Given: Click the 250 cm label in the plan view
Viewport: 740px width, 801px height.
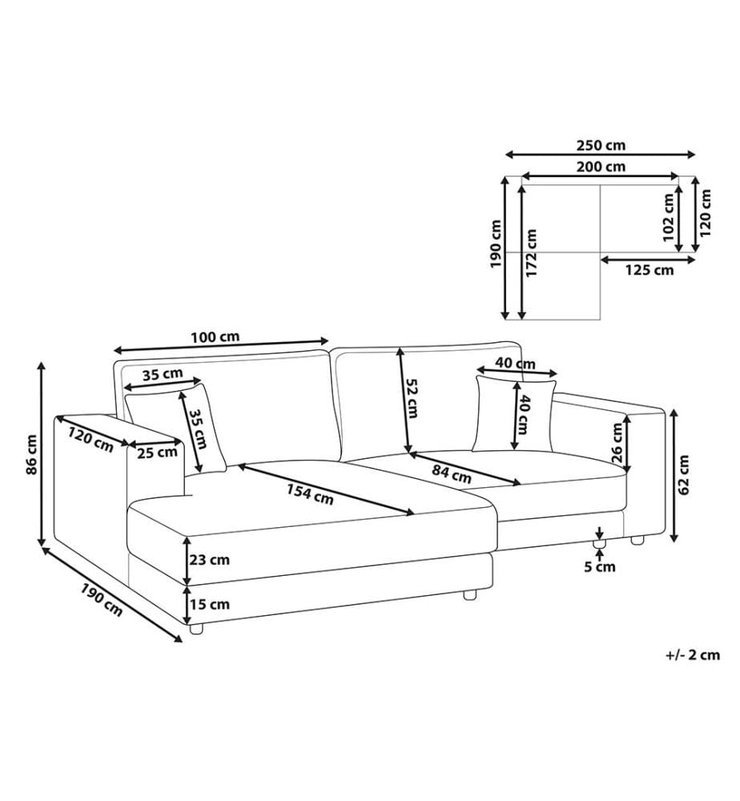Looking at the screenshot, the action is pos(601,146).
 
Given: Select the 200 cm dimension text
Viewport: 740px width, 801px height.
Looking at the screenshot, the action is pos(601,167).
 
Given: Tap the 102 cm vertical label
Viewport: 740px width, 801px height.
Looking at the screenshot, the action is pos(668,217).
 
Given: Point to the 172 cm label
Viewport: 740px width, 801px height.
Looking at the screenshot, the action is pos(532,253).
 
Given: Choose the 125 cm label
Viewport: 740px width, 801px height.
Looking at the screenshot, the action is pos(649,270).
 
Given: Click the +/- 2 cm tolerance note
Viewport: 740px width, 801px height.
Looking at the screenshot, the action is pos(693,655).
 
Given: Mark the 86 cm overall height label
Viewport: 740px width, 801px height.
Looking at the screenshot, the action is pos(32,455).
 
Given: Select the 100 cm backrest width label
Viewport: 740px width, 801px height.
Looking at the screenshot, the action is pos(215,337).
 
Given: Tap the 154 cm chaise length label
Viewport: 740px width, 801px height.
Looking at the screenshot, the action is pos(309,494).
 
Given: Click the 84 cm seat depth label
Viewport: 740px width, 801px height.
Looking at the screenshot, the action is pos(452,473).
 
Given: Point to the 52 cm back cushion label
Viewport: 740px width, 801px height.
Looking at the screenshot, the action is pos(412,398).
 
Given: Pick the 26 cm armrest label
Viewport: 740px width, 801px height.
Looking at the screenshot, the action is pos(617,442).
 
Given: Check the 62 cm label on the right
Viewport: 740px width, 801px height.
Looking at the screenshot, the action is pos(684,474).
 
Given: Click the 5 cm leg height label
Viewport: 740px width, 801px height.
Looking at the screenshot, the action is pos(600,566).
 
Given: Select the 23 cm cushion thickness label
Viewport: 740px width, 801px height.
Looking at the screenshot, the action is pos(209,560).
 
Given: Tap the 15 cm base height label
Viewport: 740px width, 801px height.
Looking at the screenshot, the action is pos(209,604).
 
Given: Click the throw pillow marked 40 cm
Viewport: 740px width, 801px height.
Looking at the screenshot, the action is pos(514,415).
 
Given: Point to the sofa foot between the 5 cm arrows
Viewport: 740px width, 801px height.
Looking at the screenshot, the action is pos(600,543).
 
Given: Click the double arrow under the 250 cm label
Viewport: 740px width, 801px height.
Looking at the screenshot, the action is pos(601,155).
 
